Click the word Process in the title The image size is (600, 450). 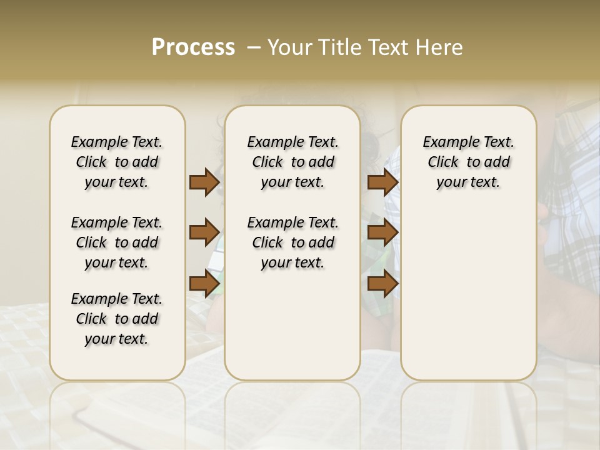click(193, 47)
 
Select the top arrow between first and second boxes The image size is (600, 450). click(204, 182)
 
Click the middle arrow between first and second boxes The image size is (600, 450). click(204, 232)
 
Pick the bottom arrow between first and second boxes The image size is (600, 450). click(204, 283)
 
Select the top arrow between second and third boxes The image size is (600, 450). click(382, 182)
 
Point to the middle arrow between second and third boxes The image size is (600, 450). click(382, 232)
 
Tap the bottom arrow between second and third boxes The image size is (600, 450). click(382, 283)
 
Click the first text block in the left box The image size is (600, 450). click(117, 162)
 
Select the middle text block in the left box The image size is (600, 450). click(117, 242)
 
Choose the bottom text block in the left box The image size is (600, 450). click(117, 319)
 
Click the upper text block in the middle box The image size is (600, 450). click(292, 162)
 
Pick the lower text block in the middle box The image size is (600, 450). click(292, 242)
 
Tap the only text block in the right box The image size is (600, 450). click(468, 162)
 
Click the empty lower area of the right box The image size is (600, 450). click(468, 294)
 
